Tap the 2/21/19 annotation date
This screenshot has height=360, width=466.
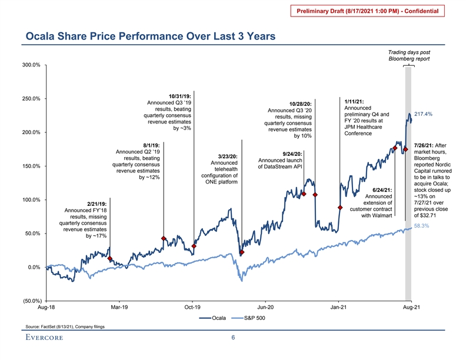(x=96, y=204)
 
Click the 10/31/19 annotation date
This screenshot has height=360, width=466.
(x=179, y=96)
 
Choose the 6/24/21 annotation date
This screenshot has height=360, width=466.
(x=374, y=189)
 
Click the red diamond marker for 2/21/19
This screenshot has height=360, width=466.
(x=111, y=258)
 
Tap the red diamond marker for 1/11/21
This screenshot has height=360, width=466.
(x=340, y=208)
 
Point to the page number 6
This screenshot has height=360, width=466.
(x=233, y=338)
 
